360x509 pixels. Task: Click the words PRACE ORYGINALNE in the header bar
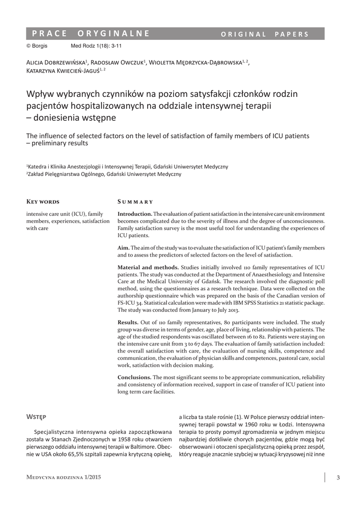(x=90, y=34)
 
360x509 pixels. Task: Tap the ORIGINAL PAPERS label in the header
(x=265, y=34)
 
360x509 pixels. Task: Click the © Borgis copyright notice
(x=37, y=46)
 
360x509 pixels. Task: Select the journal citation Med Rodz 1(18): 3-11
(x=97, y=46)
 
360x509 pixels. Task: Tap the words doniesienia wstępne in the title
(x=75, y=117)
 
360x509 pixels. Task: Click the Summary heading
(x=135, y=202)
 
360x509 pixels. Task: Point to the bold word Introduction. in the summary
(x=135, y=213)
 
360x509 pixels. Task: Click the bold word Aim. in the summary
(x=123, y=248)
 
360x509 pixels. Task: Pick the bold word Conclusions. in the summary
(x=134, y=377)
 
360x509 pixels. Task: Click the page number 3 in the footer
(x=338, y=478)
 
